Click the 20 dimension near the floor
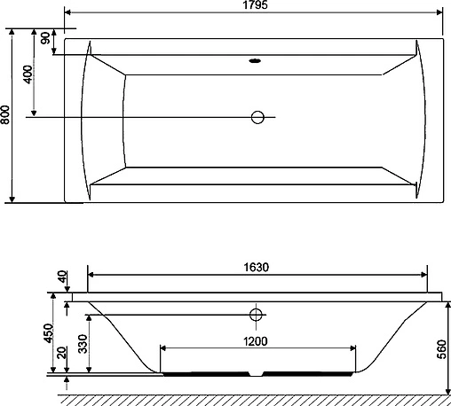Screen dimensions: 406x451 coord(59,355)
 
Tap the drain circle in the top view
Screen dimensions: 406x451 coord(259,118)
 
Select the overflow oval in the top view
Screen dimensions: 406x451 coord(256,62)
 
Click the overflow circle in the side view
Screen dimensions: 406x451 coord(257,314)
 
